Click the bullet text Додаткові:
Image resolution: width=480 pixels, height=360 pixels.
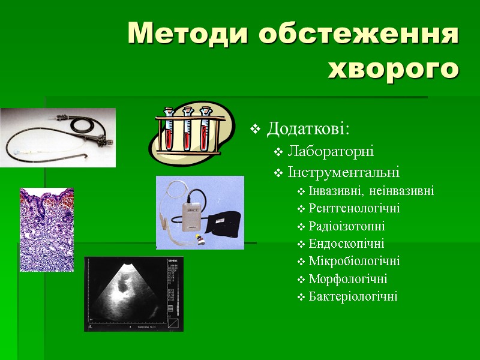point(308,129)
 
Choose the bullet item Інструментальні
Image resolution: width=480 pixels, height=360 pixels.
point(343,173)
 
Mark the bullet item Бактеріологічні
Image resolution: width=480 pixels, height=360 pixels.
point(353,296)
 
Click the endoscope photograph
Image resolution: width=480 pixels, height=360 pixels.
point(58,137)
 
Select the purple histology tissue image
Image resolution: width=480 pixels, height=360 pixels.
point(47,230)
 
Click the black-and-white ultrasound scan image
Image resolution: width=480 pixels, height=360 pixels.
point(133,294)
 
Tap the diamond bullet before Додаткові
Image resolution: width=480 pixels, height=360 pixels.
point(256,129)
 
